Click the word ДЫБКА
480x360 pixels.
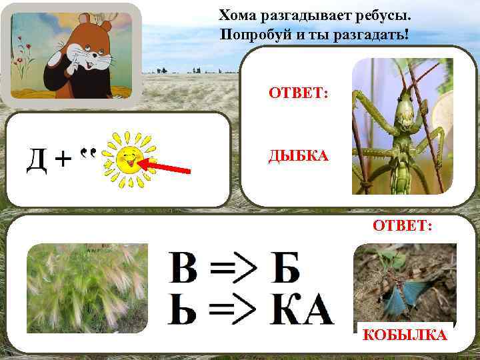[x=298, y=156]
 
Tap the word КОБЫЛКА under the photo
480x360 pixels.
[x=405, y=335]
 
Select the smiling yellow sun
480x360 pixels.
[x=129, y=159]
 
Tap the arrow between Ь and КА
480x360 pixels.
[x=234, y=310]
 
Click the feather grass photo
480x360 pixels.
[x=87, y=288]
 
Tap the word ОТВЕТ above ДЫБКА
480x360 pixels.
[x=298, y=94]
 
